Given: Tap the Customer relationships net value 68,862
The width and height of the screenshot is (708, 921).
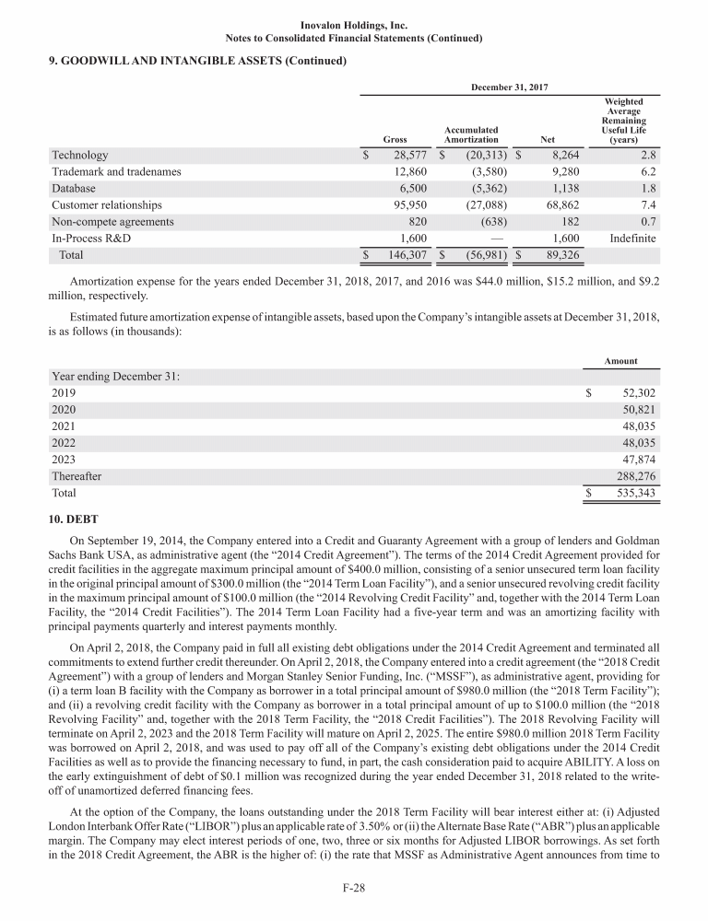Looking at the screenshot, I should point(558,204).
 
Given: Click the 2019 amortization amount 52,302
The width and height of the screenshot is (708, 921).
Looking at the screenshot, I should point(634,393).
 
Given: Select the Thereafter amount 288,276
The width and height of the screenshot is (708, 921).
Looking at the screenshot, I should point(634,476).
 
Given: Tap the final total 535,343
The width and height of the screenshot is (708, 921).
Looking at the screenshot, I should point(634,494).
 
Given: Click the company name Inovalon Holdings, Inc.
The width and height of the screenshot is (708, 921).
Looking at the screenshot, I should point(354,25).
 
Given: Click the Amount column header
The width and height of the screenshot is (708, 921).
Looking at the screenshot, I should point(620,362).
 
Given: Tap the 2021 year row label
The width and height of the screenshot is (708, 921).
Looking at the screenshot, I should point(65,426).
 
